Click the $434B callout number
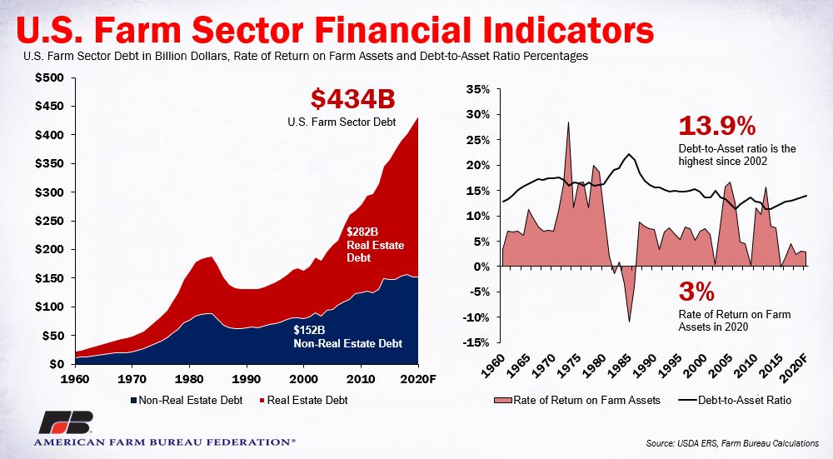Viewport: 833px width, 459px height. coord(352,99)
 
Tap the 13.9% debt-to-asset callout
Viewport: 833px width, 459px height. coord(716,126)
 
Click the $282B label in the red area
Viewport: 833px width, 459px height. coord(362,232)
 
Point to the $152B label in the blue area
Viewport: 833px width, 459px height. coord(309,331)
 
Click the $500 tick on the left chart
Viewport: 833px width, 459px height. coord(49,78)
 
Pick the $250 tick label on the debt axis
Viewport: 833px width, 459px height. coord(49,221)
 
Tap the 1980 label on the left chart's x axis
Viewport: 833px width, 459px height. coord(189,379)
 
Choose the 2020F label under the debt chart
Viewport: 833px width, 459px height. coord(418,379)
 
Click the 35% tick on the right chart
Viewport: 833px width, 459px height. coord(477,89)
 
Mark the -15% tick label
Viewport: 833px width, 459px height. coord(476,342)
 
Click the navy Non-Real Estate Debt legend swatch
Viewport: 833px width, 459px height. coord(133,400)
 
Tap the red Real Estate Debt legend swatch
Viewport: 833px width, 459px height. coord(262,400)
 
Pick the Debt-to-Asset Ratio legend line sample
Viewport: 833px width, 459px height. coord(687,400)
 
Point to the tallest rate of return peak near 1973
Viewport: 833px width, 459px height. coord(568,122)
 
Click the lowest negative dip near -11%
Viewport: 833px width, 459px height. coord(630,321)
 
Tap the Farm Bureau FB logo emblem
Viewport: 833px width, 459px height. coord(67,422)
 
